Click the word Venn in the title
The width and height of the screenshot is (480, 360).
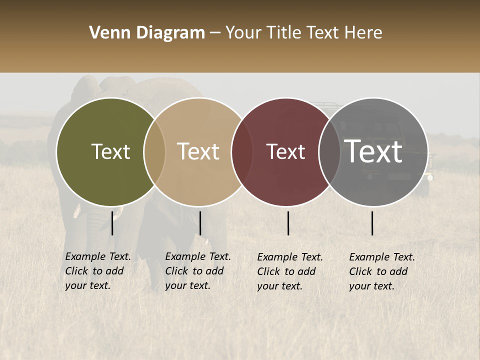(x=108, y=33)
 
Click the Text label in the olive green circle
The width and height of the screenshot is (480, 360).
(x=110, y=151)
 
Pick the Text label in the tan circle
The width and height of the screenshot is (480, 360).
(x=198, y=151)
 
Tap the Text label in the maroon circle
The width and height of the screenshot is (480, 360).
(x=285, y=151)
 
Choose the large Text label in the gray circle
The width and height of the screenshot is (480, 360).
(x=373, y=151)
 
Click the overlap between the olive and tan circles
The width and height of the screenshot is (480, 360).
(x=154, y=151)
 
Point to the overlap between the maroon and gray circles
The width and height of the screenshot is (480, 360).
(x=329, y=151)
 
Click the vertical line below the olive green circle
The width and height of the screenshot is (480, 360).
(x=112, y=223)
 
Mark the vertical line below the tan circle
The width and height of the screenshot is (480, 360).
(x=200, y=223)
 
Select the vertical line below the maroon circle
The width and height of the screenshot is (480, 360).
(x=288, y=223)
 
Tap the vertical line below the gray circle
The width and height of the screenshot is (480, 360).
(x=372, y=223)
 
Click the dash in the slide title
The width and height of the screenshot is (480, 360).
(x=215, y=33)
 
